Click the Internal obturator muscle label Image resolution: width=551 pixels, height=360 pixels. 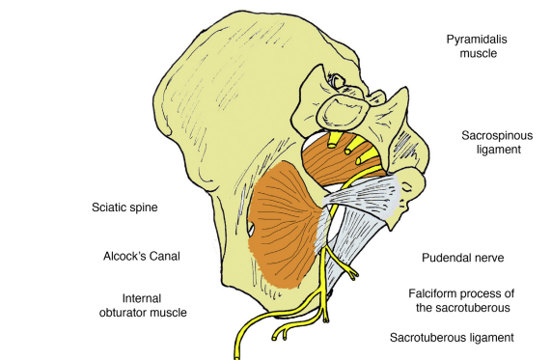coord(154,304)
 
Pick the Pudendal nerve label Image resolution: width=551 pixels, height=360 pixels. coord(463,258)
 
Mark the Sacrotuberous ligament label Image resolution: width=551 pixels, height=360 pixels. coord(451,338)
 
